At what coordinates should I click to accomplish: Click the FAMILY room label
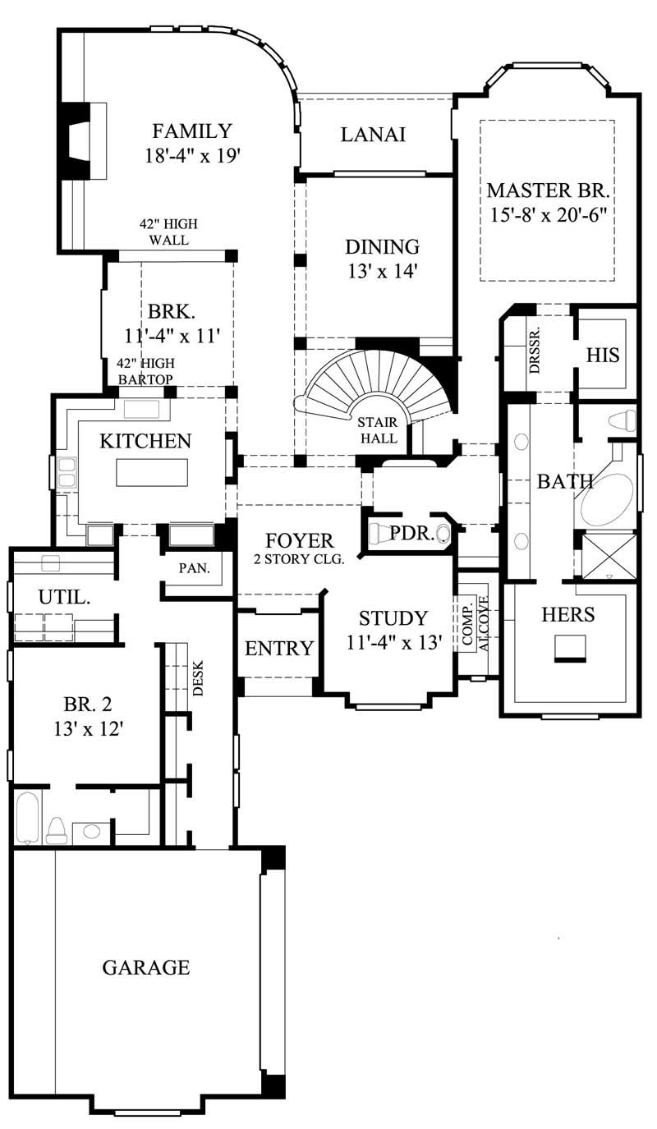click(x=193, y=131)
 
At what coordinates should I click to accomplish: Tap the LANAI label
click(x=373, y=135)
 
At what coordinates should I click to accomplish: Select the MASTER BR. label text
click(x=548, y=191)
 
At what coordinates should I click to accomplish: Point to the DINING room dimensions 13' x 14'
click(x=382, y=272)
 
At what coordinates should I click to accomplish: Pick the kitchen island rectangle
click(x=152, y=473)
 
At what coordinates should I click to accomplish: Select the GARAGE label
click(x=145, y=967)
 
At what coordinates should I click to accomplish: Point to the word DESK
click(x=198, y=679)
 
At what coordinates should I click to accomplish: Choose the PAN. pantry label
click(x=195, y=567)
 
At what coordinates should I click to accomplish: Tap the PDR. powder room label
click(x=407, y=534)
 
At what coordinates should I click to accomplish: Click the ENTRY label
click(x=279, y=649)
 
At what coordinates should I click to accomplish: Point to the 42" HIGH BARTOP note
click(x=145, y=371)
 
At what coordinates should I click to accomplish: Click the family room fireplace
click(x=78, y=140)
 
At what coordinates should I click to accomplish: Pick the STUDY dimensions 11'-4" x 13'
click(x=393, y=643)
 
